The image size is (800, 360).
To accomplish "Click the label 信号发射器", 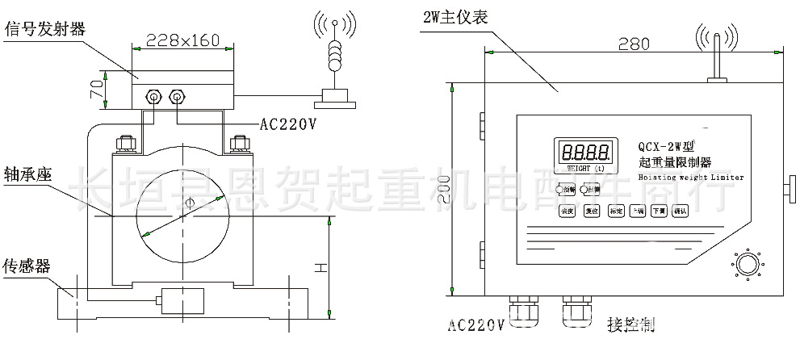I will point(45,30).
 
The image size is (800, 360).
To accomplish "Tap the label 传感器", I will point(27,266).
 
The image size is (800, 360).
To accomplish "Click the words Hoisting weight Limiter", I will point(690,178).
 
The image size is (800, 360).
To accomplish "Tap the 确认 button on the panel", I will point(680,211).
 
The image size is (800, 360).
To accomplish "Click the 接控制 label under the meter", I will point(630,326).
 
